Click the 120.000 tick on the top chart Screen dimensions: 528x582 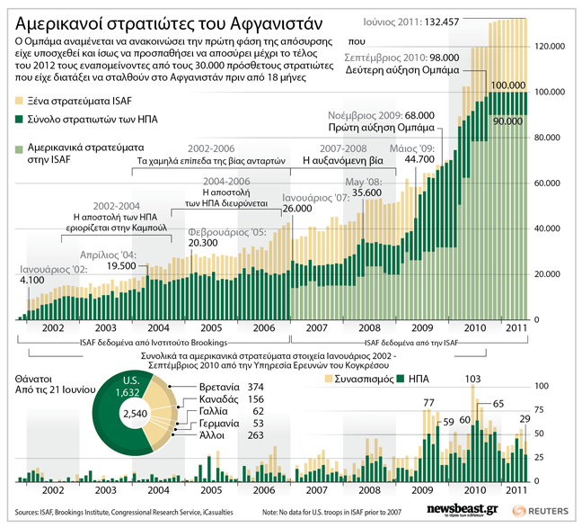[549, 46]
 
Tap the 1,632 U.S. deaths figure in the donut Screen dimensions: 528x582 [131, 392]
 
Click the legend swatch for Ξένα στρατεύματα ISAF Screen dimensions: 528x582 [20, 102]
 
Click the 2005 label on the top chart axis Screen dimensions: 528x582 [212, 329]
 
